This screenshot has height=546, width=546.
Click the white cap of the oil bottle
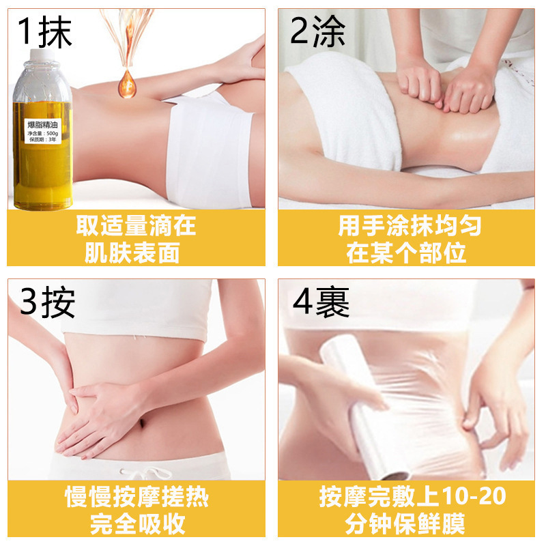(42, 55)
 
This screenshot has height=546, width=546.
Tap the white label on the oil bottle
(43, 131)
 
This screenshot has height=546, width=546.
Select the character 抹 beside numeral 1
(55, 32)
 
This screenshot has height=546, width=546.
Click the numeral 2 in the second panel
(300, 31)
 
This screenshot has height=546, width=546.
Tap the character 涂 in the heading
(328, 31)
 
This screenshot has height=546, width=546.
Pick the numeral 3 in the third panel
(29, 302)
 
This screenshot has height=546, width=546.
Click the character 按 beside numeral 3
(58, 302)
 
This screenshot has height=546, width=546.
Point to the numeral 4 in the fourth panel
(303, 302)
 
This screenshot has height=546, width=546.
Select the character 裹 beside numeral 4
(332, 302)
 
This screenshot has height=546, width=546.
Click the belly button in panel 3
(142, 423)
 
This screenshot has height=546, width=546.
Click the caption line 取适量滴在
(136, 226)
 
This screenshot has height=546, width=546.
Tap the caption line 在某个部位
(406, 253)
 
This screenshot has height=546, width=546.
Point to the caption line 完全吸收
(138, 523)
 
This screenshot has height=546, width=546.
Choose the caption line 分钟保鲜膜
(405, 523)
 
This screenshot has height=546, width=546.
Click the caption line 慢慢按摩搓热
(137, 497)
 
